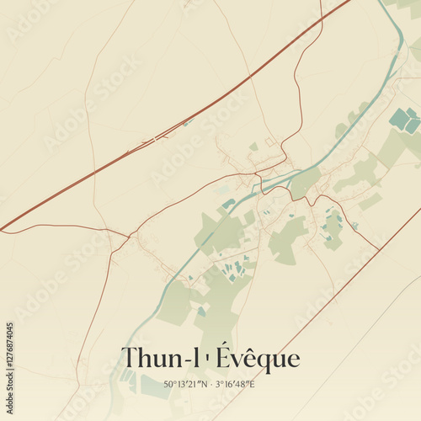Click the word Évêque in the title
tap(258, 359)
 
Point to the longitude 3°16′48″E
tap(236, 385)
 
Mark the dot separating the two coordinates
tap(212, 385)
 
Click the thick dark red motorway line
tap(168, 131)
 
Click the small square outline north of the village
tap(269, 142)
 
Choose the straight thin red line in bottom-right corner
tap(337, 295)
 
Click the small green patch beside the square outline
tap(253, 147)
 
